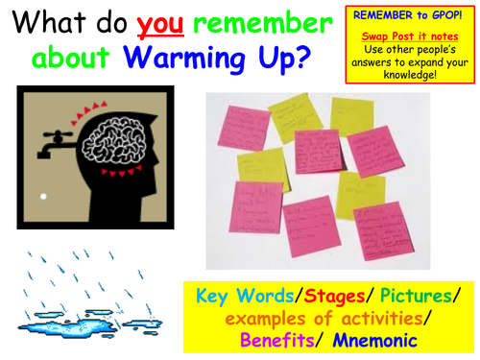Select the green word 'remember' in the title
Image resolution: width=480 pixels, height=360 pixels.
(254, 22)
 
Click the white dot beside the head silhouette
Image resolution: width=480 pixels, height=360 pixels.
(41, 198)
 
